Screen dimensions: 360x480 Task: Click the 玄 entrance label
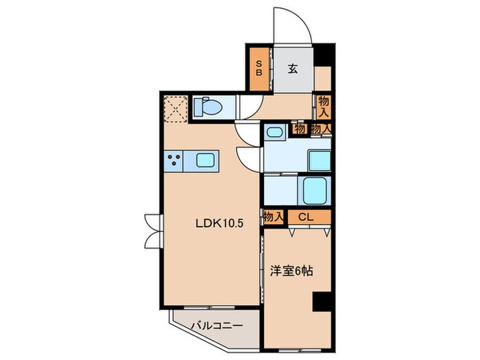click(292, 68)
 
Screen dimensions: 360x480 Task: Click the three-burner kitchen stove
click(173, 162)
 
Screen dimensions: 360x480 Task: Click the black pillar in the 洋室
click(321, 302)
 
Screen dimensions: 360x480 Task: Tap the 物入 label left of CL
click(273, 217)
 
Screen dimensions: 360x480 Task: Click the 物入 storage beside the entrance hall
click(324, 106)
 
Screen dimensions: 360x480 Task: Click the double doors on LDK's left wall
click(153, 230)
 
